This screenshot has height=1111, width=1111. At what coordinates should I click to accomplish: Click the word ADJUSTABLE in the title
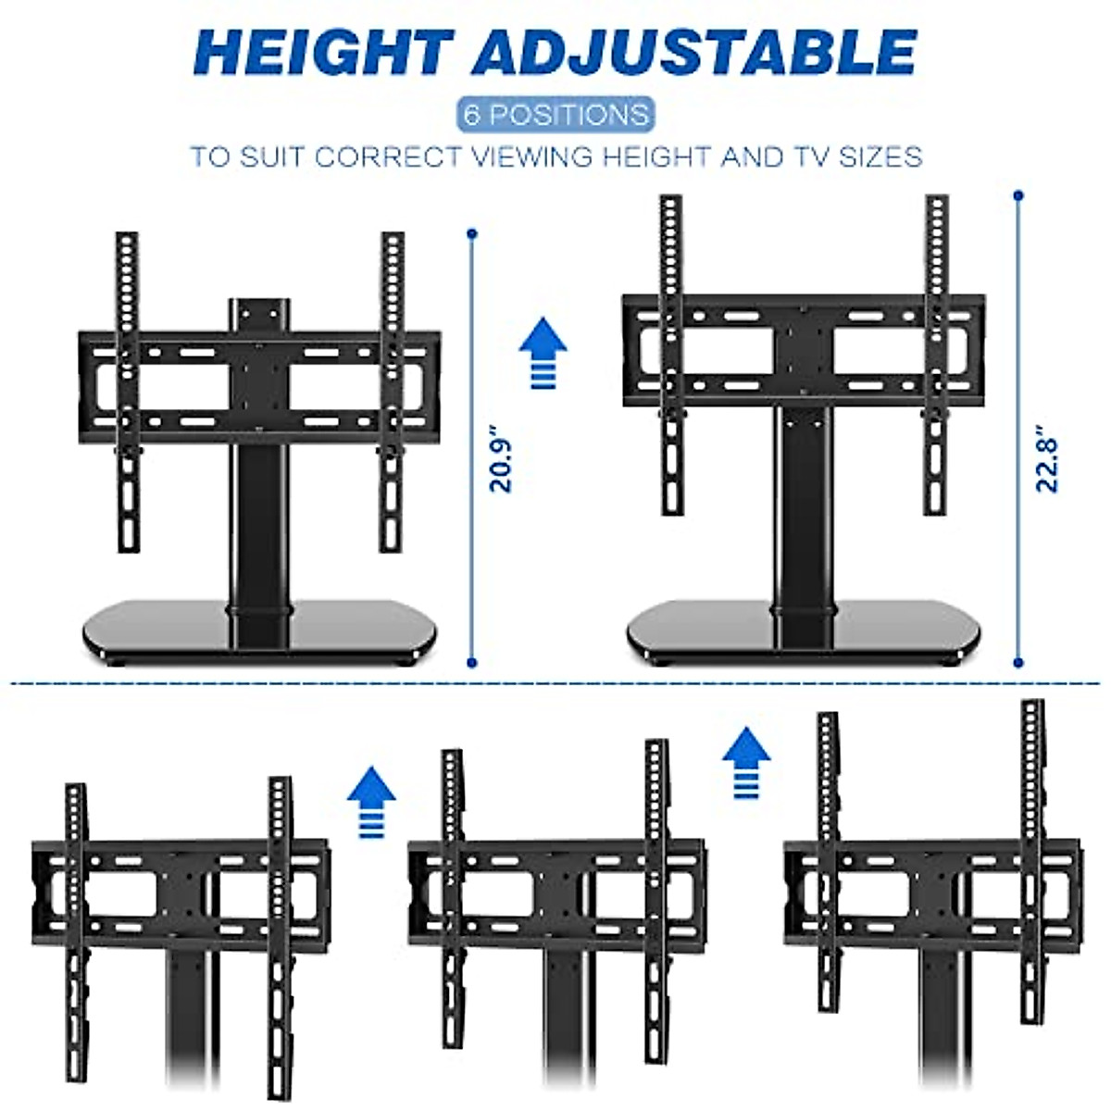[x=694, y=54]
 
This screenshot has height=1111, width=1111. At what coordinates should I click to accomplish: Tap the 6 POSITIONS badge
[x=555, y=115]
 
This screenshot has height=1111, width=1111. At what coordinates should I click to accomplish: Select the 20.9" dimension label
[x=501, y=459]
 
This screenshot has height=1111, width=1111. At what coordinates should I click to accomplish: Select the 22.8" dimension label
[x=1047, y=459]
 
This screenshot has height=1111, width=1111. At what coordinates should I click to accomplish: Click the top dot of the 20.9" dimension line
[x=472, y=233]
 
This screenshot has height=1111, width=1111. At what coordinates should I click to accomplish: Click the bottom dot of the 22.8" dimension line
[x=1019, y=663]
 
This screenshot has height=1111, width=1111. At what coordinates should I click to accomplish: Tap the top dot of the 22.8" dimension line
[x=1019, y=195]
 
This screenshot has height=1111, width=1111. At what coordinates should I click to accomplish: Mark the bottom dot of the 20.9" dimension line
[x=472, y=663]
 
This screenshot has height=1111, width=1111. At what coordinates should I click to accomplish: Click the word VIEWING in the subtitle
[x=533, y=156]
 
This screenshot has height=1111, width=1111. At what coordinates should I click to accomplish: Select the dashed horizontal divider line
[x=555, y=684]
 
